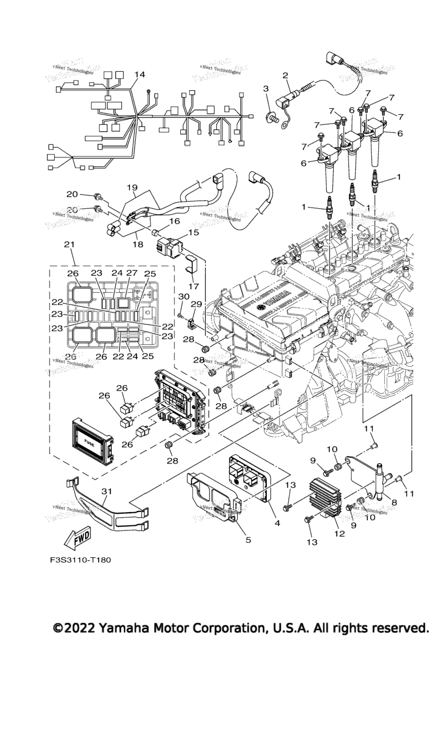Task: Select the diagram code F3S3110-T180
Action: pyautogui.click(x=80, y=559)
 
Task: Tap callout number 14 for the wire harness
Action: pyautogui.click(x=140, y=75)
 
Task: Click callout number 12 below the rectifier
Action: pyautogui.click(x=339, y=534)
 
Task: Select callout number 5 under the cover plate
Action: pyautogui.click(x=248, y=540)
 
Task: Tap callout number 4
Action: pyautogui.click(x=277, y=522)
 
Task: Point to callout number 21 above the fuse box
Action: pyautogui.click(x=70, y=244)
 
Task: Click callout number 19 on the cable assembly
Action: pyautogui.click(x=132, y=188)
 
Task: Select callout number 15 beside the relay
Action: pyautogui.click(x=194, y=233)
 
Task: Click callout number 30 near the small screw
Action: pyautogui.click(x=184, y=297)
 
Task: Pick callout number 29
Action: pyautogui.click(x=196, y=305)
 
